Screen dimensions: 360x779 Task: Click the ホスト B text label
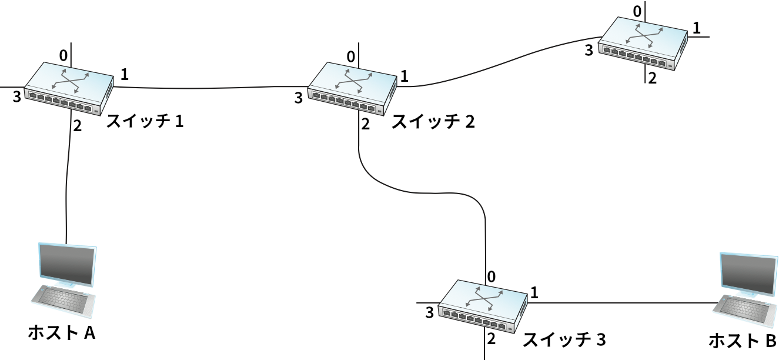(x=743, y=341)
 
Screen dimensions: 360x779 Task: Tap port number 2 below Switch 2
(x=366, y=124)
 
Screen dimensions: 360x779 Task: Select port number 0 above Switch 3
(x=492, y=276)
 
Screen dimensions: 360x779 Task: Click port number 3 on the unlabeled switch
(x=589, y=51)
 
